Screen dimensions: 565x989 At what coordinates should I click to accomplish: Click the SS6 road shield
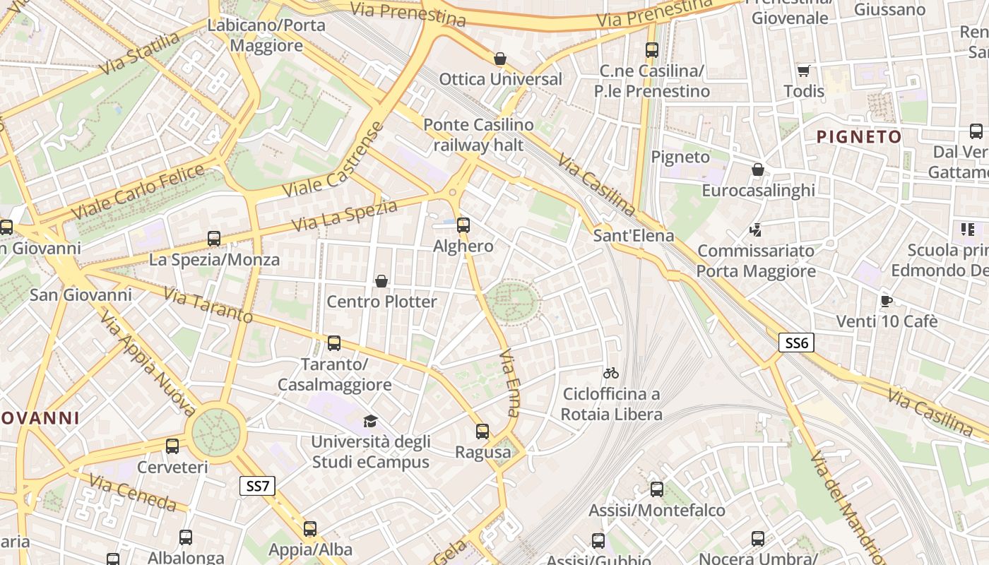(796, 343)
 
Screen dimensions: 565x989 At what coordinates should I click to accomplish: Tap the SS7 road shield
(257, 486)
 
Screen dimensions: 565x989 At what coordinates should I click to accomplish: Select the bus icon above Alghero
(463, 225)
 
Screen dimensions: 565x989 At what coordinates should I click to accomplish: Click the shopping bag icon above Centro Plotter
(381, 281)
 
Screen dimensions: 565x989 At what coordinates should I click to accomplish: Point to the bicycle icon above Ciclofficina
(611, 373)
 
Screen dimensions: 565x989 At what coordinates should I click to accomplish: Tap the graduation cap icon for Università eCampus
(370, 422)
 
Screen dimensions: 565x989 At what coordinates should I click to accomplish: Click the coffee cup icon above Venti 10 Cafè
(887, 302)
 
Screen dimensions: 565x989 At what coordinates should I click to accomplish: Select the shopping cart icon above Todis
(803, 71)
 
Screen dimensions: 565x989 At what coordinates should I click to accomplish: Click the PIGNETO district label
(859, 137)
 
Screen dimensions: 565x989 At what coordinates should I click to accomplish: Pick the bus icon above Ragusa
(482, 431)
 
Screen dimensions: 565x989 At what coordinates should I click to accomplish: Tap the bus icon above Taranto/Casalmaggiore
(334, 343)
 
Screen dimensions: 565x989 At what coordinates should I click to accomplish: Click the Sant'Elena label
(634, 235)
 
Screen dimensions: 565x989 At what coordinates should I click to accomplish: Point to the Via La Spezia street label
(344, 215)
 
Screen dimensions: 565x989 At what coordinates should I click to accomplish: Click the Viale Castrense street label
(333, 161)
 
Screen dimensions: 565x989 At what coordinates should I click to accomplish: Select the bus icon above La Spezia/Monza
(214, 239)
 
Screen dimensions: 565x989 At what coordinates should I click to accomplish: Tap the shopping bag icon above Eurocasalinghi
(758, 169)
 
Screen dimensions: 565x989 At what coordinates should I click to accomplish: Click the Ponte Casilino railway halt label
(478, 135)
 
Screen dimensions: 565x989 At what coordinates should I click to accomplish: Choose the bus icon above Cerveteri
(172, 446)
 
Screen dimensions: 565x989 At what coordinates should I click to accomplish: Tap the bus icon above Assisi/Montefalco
(657, 489)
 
